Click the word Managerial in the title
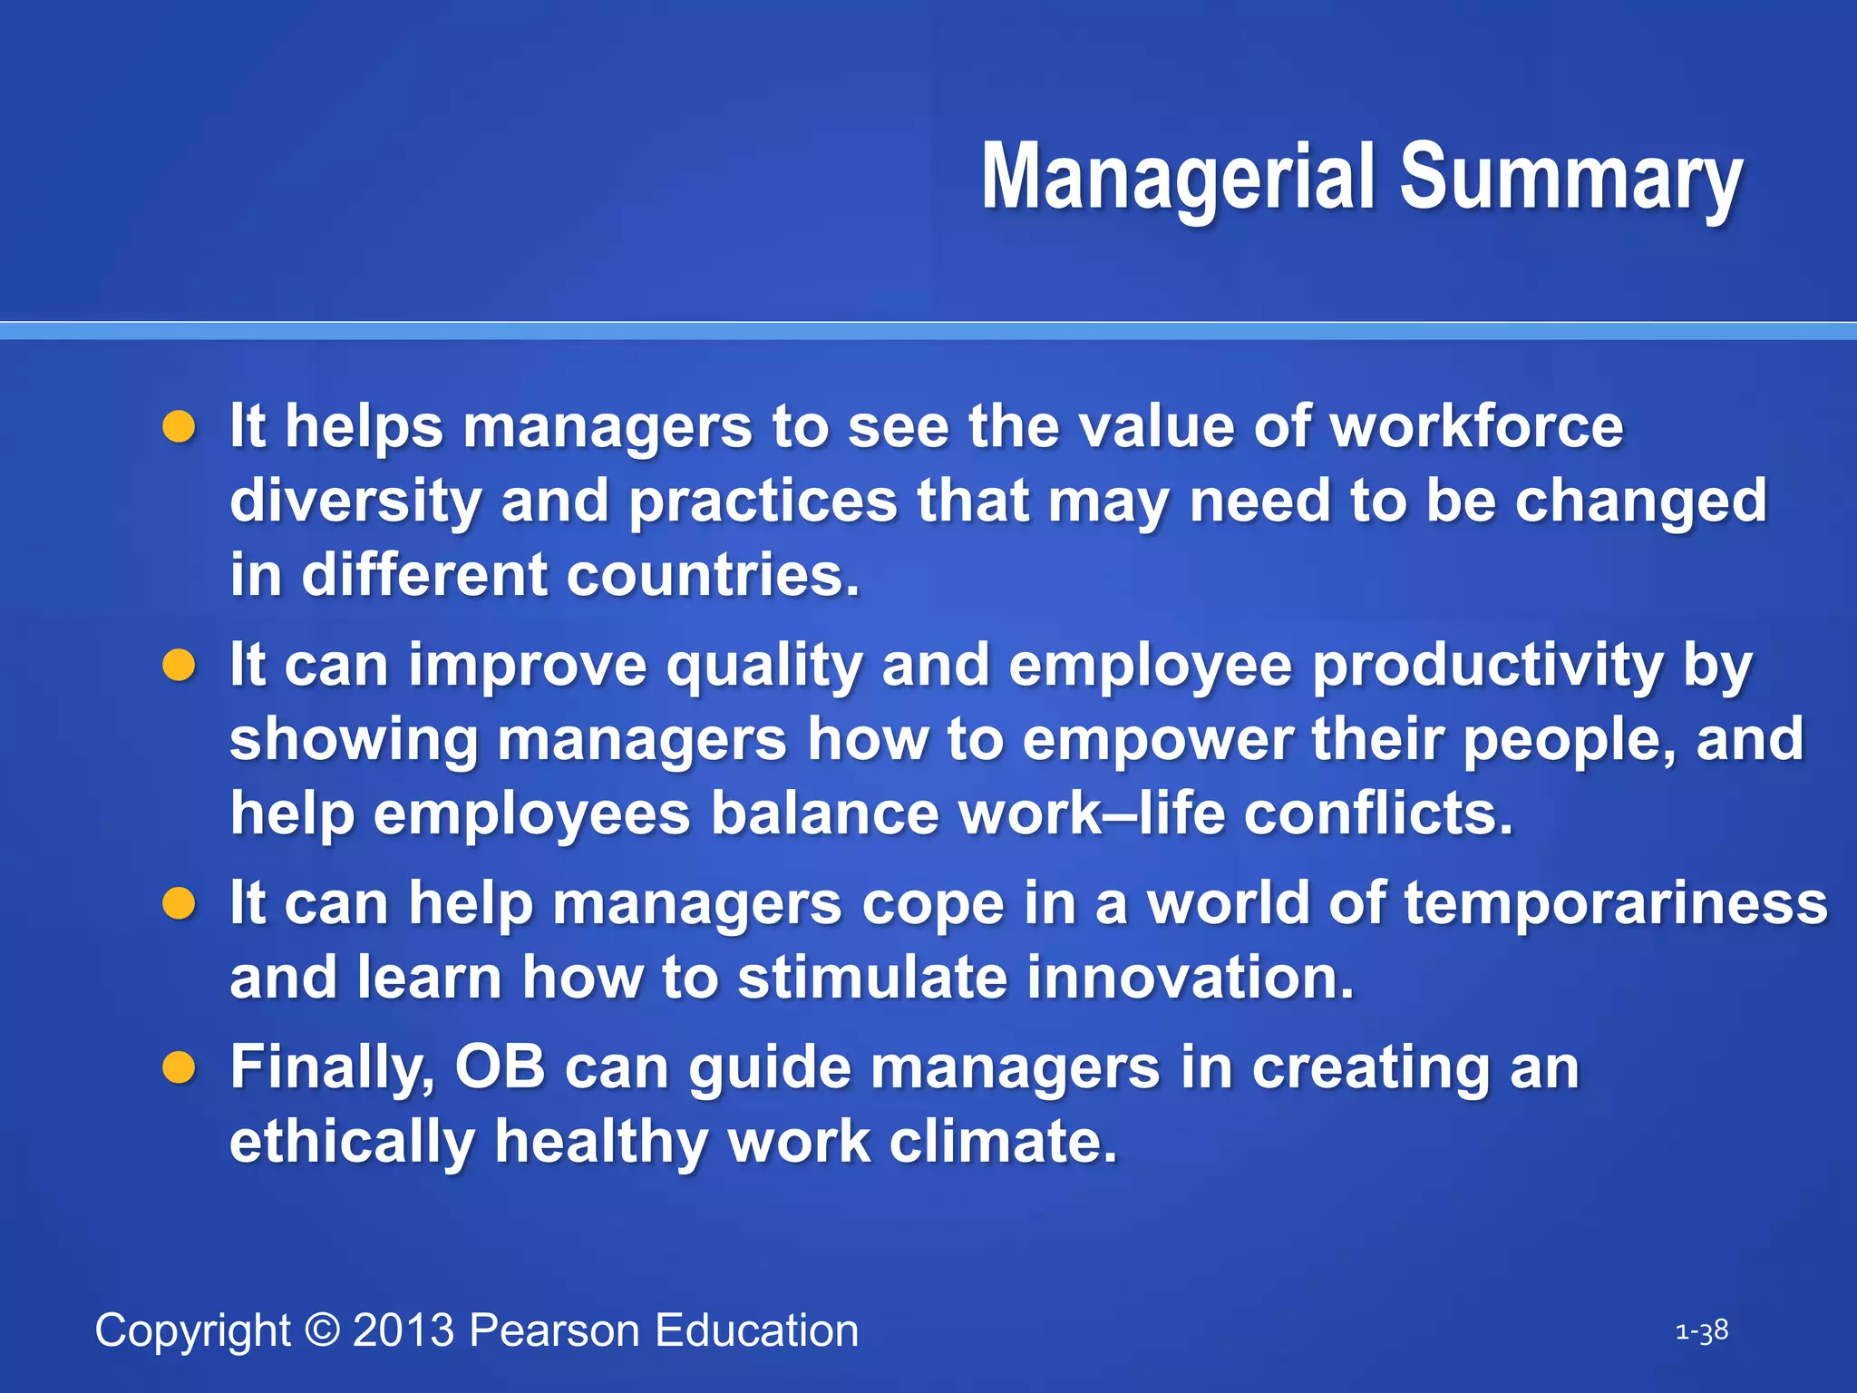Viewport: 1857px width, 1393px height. (x=1179, y=179)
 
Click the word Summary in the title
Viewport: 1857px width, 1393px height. (x=1570, y=179)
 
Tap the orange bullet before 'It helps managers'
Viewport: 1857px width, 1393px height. (x=180, y=427)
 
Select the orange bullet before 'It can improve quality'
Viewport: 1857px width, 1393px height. (x=180, y=666)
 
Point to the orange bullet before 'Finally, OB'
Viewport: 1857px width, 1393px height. (x=180, y=1067)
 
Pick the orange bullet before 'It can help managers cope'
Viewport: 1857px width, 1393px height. (x=180, y=904)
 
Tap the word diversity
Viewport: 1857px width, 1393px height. (x=355, y=502)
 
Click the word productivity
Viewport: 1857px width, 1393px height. (x=1487, y=666)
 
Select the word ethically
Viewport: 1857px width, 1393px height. (x=352, y=1141)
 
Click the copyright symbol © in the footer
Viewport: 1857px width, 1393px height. (x=321, y=1330)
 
